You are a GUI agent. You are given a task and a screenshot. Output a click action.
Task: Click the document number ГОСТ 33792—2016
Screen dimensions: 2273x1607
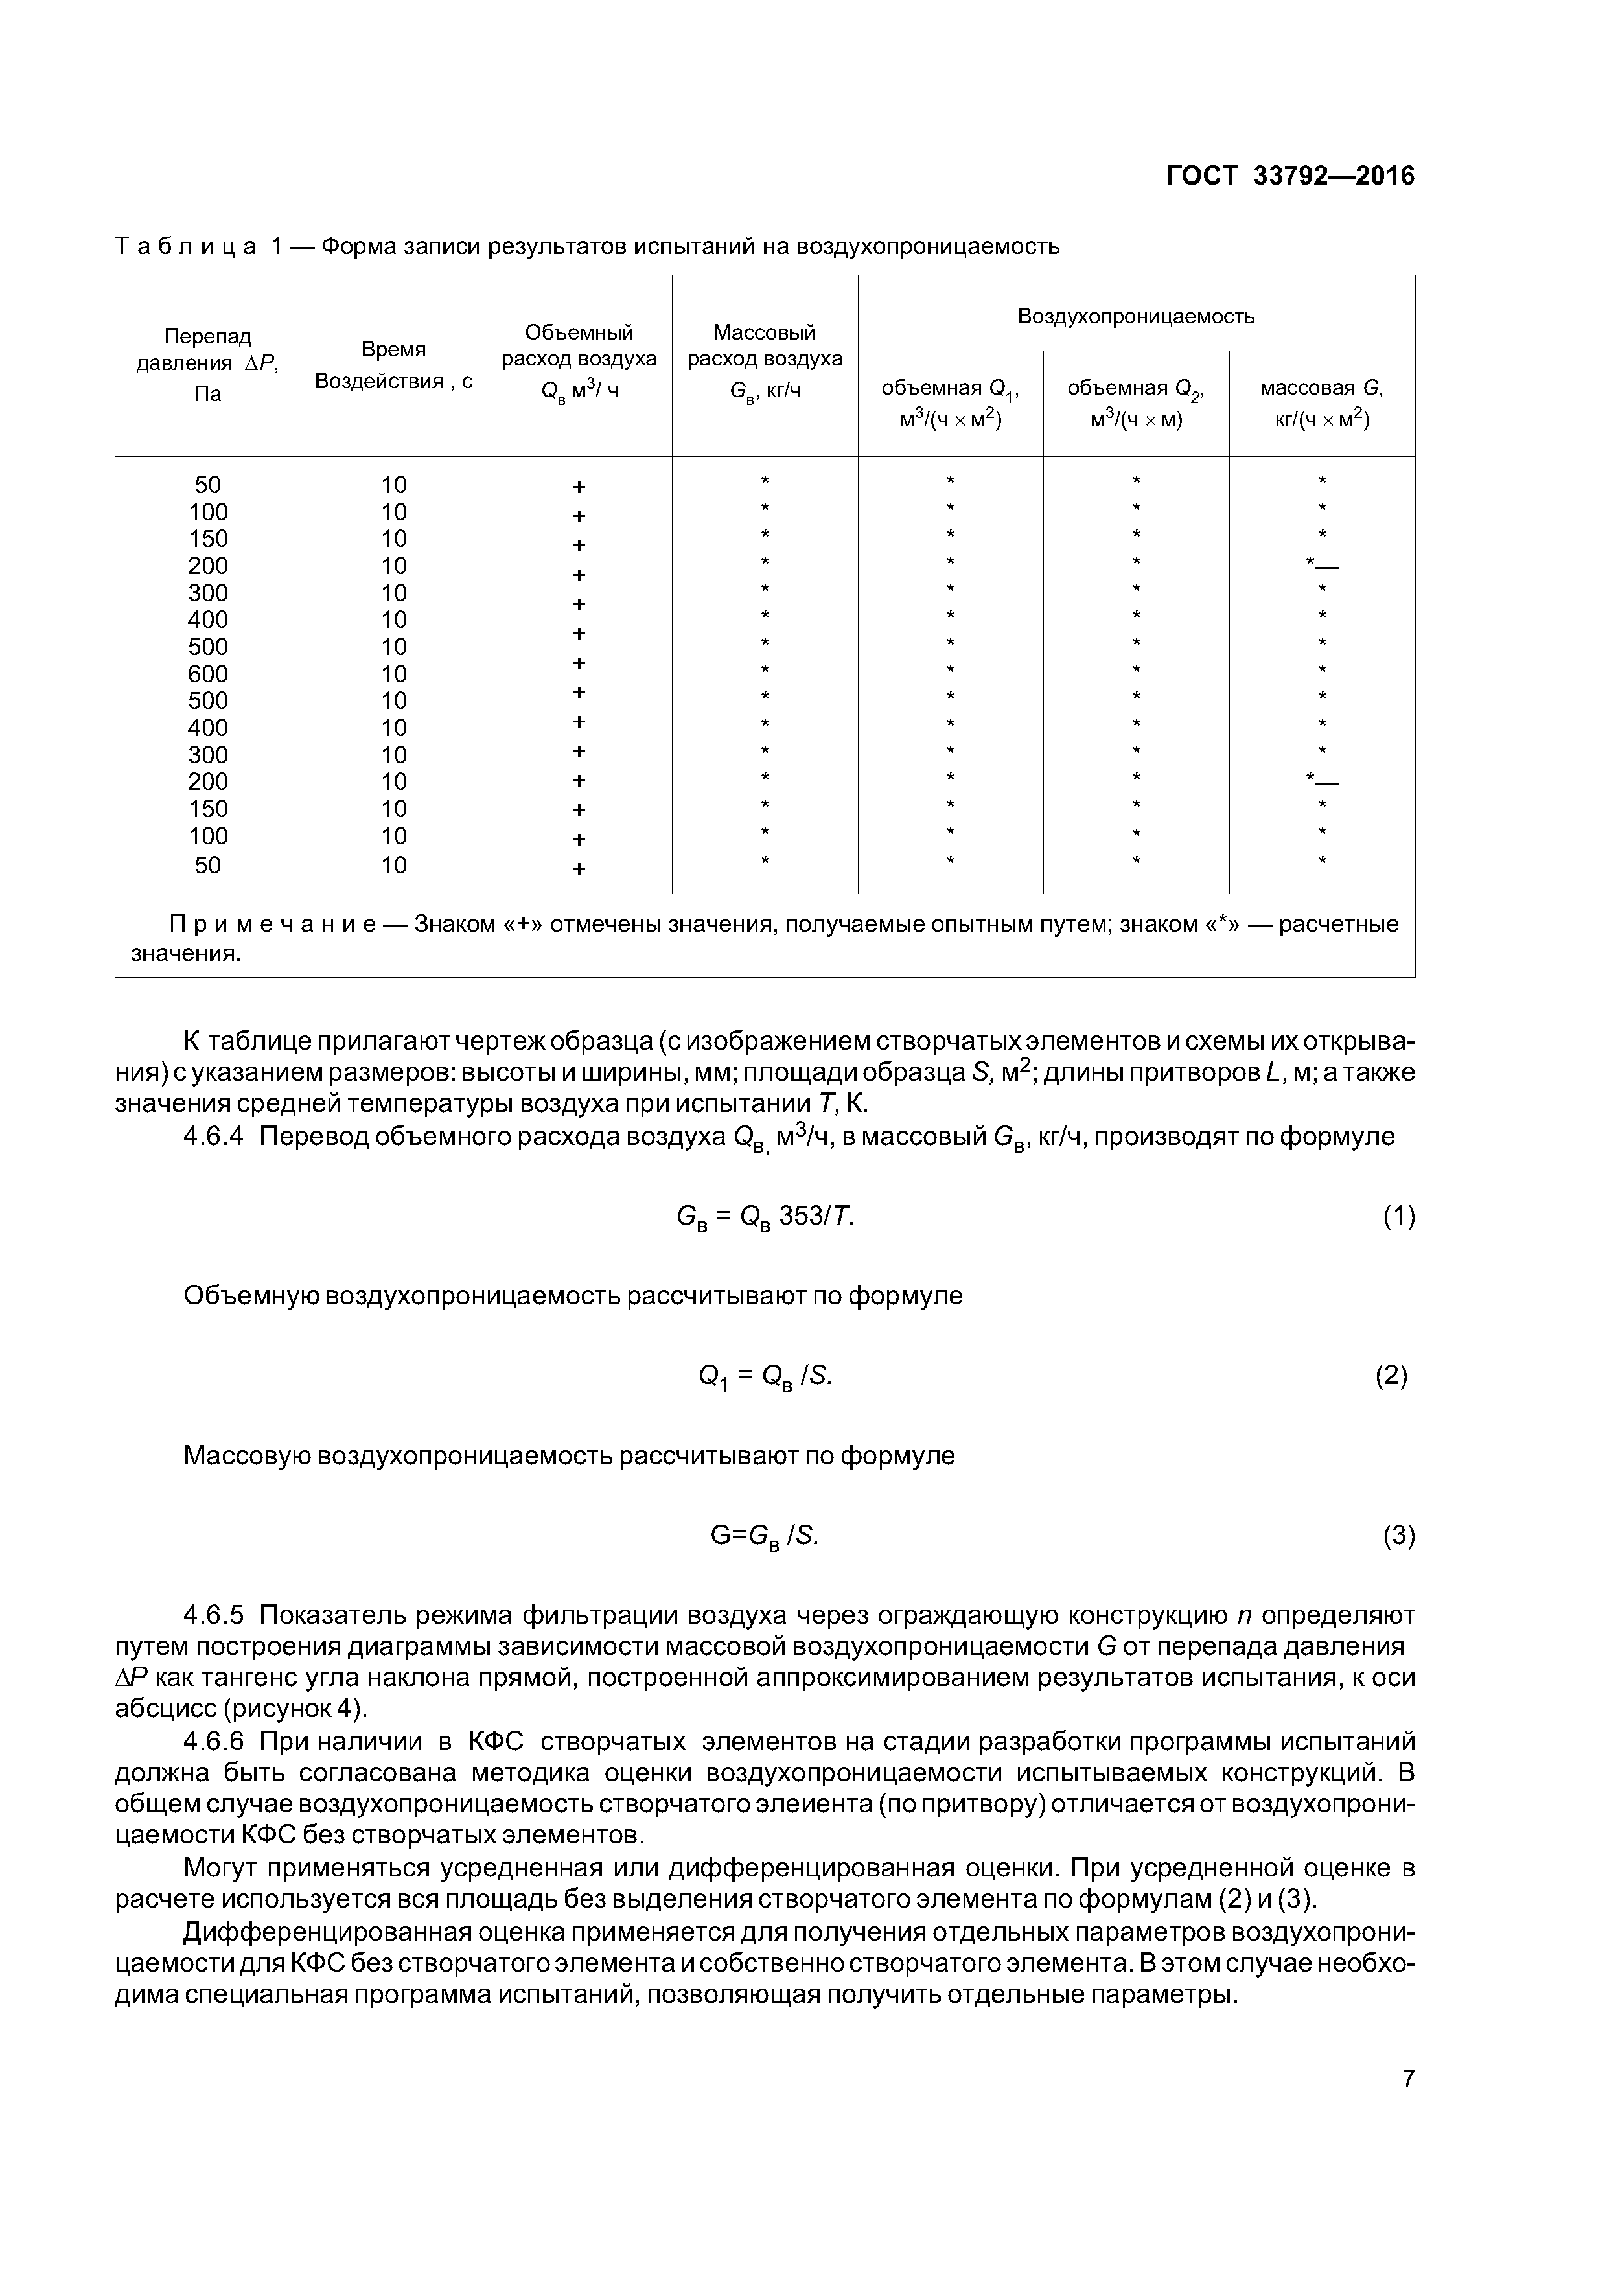[1290, 176]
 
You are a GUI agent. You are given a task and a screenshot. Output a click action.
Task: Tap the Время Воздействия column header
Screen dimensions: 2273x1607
[393, 364]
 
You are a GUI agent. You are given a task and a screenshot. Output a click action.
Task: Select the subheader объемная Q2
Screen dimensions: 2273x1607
[1136, 403]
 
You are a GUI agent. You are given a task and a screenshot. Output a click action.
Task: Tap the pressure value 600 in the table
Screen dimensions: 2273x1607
[208, 674]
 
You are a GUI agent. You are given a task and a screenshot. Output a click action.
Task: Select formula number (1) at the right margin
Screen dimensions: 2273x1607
[1398, 1217]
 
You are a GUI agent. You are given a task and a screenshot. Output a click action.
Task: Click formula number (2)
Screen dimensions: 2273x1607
[1391, 1375]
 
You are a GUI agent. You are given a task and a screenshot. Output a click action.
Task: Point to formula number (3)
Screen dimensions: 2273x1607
[1398, 1536]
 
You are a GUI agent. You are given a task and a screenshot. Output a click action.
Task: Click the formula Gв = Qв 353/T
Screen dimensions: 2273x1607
[765, 1217]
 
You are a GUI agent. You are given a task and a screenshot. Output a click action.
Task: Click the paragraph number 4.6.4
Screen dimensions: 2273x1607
[213, 1136]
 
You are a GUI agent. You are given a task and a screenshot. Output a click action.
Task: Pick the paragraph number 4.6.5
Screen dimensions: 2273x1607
[213, 1615]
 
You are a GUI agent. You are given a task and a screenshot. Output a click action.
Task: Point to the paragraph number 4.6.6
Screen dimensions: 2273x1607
[213, 1742]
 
